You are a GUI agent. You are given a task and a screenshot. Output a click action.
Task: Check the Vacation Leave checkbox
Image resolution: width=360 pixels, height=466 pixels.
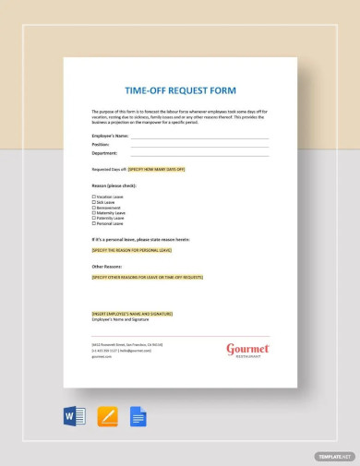coord(93,197)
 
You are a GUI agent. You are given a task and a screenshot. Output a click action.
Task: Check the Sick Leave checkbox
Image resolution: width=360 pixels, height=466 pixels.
coord(93,202)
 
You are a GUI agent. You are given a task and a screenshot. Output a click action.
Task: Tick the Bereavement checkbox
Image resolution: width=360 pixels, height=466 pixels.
coord(93,208)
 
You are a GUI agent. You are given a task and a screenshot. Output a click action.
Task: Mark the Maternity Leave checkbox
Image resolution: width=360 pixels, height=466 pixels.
coord(93,213)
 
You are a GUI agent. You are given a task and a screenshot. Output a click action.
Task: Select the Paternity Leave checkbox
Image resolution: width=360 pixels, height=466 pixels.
coord(93,218)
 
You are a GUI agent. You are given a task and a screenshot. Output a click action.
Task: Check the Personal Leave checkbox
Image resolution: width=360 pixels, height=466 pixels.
coord(93,223)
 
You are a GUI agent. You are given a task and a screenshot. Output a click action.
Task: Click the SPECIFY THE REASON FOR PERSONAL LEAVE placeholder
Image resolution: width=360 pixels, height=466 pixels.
coord(131,250)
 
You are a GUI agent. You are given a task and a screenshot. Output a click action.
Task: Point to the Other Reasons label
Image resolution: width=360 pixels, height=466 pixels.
coord(107,266)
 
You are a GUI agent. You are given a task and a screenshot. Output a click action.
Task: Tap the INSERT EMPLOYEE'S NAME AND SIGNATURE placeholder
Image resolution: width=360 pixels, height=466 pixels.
coord(131,313)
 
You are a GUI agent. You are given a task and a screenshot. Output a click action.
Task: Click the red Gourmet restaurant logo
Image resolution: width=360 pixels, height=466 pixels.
coord(247,350)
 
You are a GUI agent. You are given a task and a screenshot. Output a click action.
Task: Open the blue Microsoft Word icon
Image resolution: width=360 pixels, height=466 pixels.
coord(75,416)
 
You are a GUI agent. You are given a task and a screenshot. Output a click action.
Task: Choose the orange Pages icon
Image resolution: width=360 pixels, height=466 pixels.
coord(107,416)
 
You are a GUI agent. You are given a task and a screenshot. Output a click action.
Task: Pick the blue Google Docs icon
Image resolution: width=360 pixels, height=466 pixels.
coord(138,416)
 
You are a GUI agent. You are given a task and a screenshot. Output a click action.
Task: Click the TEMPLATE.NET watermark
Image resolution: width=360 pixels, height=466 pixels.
coord(333,456)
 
